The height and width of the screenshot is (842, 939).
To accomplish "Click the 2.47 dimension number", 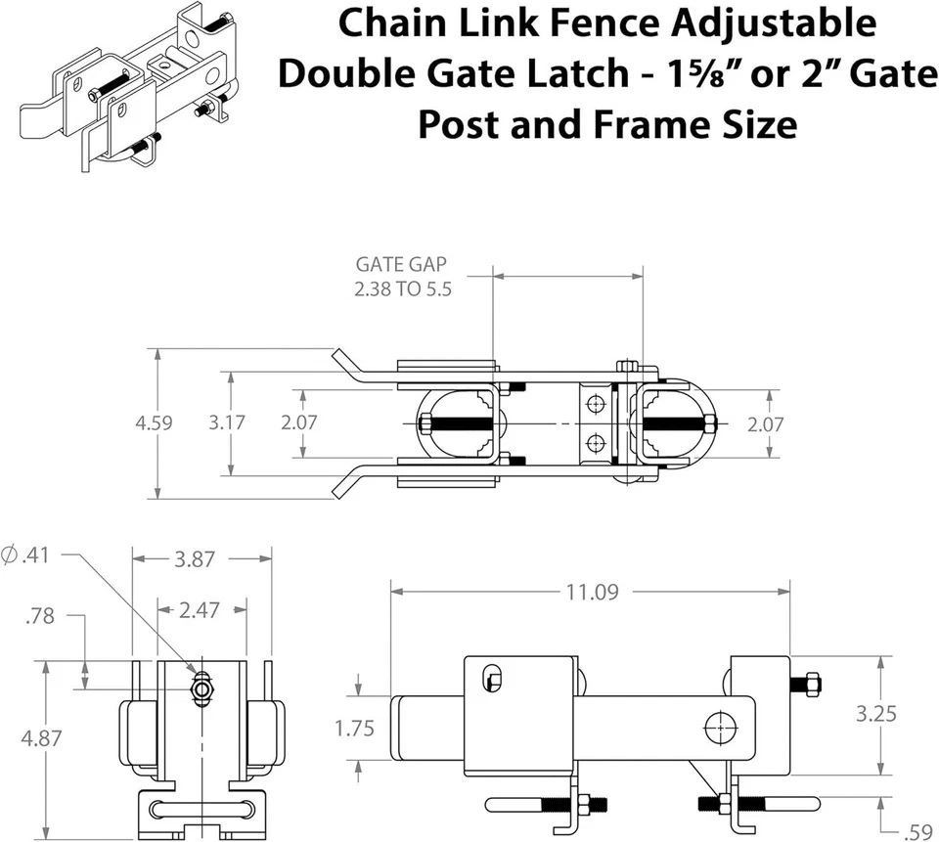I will (200, 610).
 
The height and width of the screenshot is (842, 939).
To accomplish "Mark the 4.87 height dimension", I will (41, 738).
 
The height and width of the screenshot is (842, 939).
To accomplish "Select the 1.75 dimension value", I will (354, 730).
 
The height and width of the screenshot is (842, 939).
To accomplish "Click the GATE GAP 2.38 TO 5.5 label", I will (403, 277).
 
